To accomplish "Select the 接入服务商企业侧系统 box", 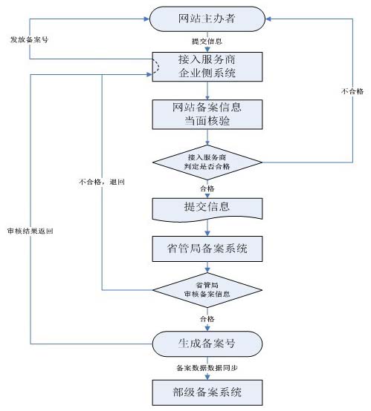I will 206,66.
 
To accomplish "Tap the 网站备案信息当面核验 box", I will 206,113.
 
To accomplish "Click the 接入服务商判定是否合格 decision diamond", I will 206,162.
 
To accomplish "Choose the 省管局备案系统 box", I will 206,249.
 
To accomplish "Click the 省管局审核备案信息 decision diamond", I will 206,290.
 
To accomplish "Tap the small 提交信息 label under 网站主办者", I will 206,42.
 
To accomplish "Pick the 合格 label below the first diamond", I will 206,188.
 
